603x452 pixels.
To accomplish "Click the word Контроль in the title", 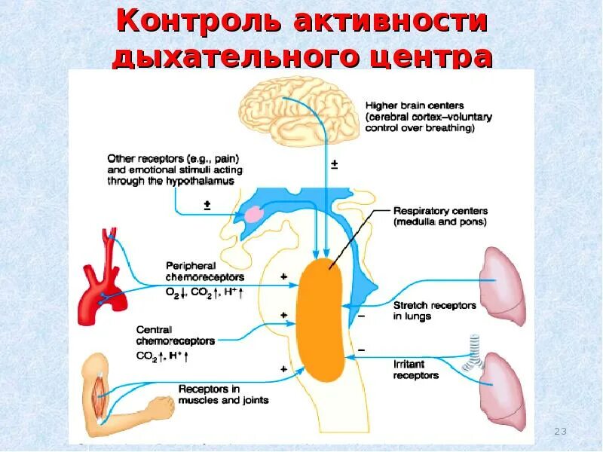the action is coord(198,22).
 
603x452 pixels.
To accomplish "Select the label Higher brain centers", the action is coord(414,105).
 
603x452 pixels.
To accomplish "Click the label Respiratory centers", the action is coord(440,212).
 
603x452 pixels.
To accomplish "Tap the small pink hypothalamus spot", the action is coord(254,214).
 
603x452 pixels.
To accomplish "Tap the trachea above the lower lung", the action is coord(473,353).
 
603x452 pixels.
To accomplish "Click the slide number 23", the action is coord(559,432).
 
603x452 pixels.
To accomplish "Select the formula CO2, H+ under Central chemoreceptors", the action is coord(162,355).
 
